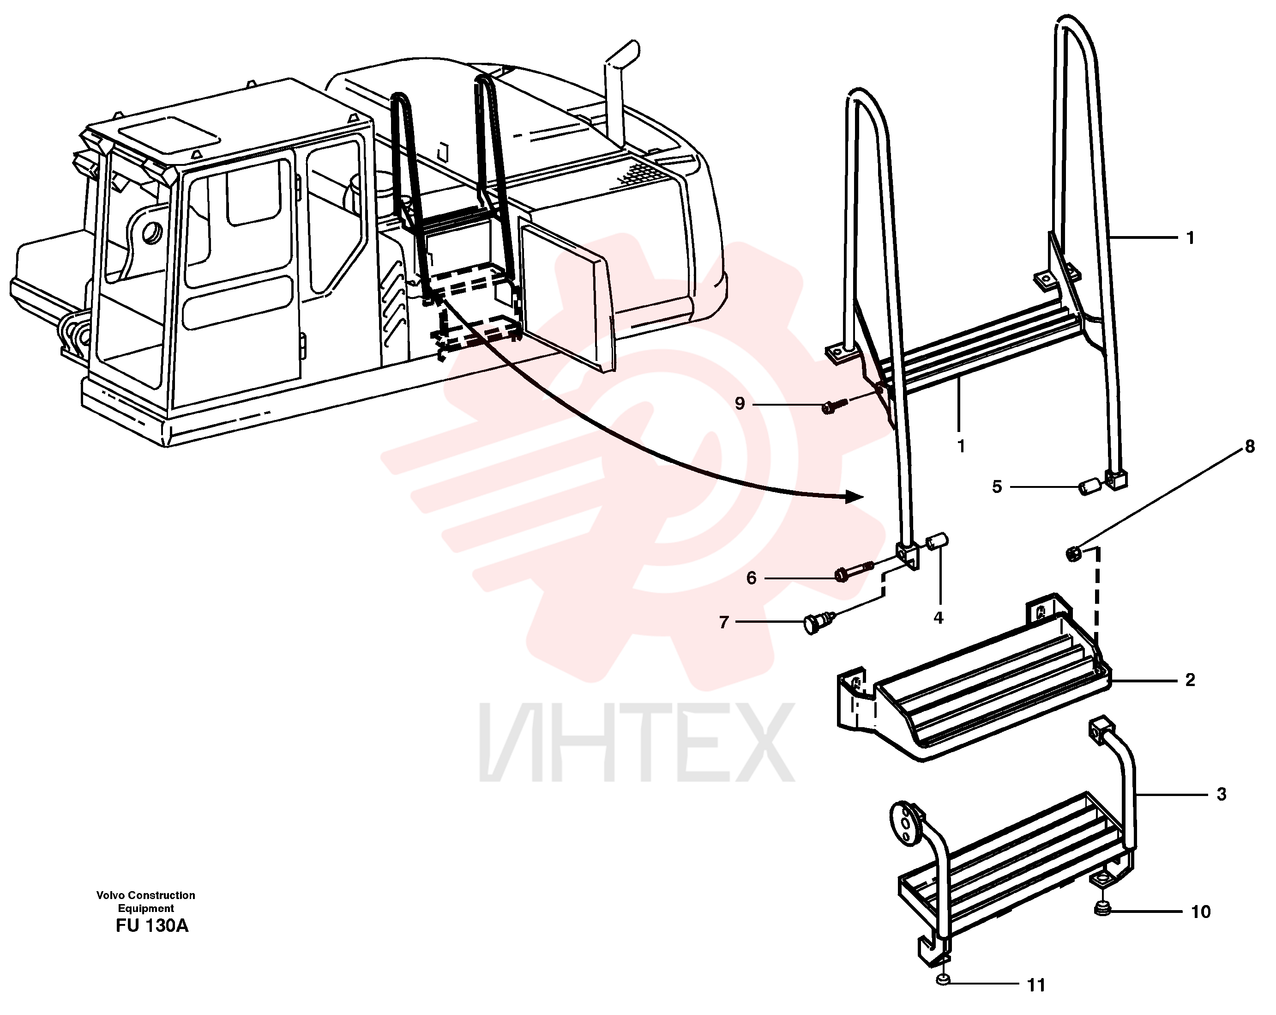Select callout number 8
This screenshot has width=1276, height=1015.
coord(1249,446)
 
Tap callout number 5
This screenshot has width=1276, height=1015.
coord(997,487)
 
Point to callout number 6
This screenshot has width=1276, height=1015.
coord(752,578)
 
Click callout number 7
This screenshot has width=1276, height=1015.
coord(723,622)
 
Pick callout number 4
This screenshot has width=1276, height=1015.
coord(938,618)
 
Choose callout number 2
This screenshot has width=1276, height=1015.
coord(1190,680)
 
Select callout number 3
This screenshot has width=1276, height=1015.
coord(1221,794)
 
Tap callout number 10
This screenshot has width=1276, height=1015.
coord(1201,912)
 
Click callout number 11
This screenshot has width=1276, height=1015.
coord(1036,985)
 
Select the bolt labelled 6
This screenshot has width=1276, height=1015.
coord(854,570)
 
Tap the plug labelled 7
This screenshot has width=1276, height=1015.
coord(818,622)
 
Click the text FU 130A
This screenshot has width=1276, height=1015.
coord(152,925)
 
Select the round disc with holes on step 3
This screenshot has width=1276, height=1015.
coord(904,822)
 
